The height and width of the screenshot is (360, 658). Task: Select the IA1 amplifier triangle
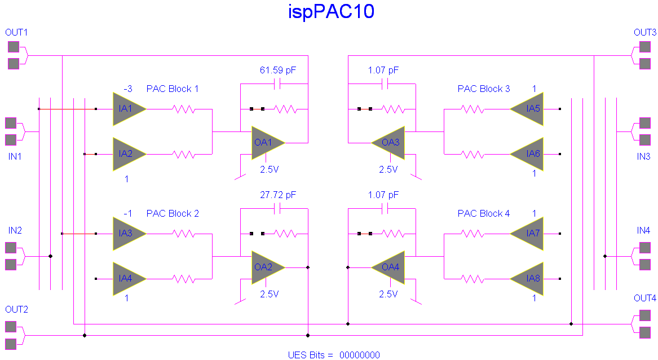pyautogui.click(x=127, y=108)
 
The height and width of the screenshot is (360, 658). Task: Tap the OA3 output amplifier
pyautogui.click(x=389, y=142)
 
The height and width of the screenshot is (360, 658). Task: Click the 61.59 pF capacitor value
pyautogui.click(x=277, y=71)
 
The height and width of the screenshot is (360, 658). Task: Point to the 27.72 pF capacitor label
pyautogui.click(x=277, y=195)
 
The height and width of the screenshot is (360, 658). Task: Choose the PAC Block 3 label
pyautogui.click(x=484, y=89)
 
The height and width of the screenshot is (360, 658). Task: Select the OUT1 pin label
pyautogui.click(x=16, y=32)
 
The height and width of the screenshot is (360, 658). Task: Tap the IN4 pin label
pyautogui.click(x=643, y=230)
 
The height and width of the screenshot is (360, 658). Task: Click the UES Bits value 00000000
pyautogui.click(x=360, y=355)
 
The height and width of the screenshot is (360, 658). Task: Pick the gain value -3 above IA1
pyautogui.click(x=128, y=89)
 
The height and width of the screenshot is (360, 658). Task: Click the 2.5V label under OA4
pyautogui.click(x=388, y=294)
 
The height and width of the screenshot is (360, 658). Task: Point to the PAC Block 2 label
pyautogui.click(x=173, y=213)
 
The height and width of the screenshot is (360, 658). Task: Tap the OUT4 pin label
pyautogui.click(x=645, y=298)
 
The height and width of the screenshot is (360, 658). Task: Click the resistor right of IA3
pyautogui.click(x=184, y=233)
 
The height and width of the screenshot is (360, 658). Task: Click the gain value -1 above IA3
pyautogui.click(x=128, y=213)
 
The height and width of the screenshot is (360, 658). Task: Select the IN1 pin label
pyautogui.click(x=15, y=156)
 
